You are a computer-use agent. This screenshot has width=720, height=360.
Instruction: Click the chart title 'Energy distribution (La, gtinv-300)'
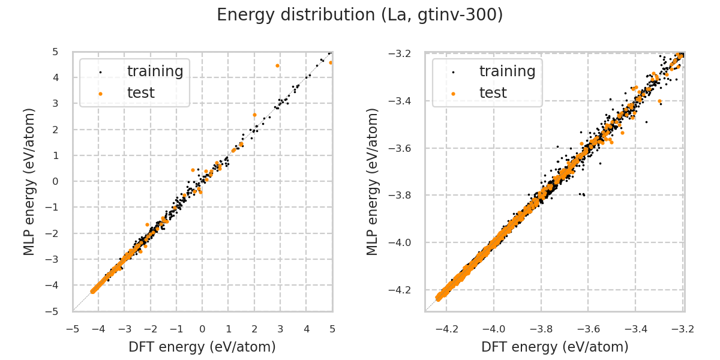pyautogui.click(x=359, y=15)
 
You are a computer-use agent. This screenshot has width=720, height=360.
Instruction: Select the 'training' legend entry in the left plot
pyautogui.click(x=155, y=71)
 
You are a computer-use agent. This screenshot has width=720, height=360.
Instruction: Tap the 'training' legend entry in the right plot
pyautogui.click(x=507, y=71)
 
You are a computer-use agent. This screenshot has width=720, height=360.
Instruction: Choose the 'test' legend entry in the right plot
pyautogui.click(x=493, y=93)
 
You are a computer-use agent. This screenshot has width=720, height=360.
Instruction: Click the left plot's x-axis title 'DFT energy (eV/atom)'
pyautogui.click(x=202, y=347)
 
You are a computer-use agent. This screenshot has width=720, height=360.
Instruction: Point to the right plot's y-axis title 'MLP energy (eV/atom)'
pyautogui.click(x=373, y=181)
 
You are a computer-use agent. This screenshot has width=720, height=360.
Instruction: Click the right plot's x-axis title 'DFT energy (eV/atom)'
pyautogui.click(x=554, y=347)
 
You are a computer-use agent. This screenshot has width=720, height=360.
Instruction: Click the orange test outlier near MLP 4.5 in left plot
pyautogui.click(x=277, y=65)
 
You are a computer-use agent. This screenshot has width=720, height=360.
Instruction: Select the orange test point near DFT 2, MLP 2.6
pyautogui.click(x=254, y=115)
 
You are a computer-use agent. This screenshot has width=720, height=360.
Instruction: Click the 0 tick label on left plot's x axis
pyautogui.click(x=202, y=329)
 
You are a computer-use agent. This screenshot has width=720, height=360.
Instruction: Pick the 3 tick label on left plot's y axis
pyautogui.click(x=55, y=104)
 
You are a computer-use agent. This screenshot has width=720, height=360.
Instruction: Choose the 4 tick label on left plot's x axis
pyautogui.click(x=306, y=329)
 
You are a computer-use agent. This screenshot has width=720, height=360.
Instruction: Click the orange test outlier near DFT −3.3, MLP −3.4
pyautogui.click(x=659, y=101)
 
